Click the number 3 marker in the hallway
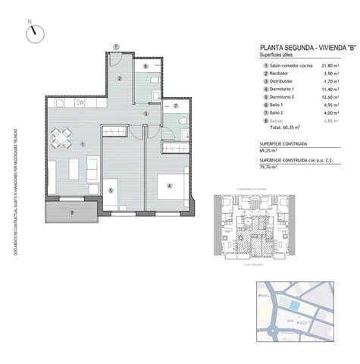(x=145, y=114)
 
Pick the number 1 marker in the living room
(x=83, y=144)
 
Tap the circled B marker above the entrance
(x=115, y=46)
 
